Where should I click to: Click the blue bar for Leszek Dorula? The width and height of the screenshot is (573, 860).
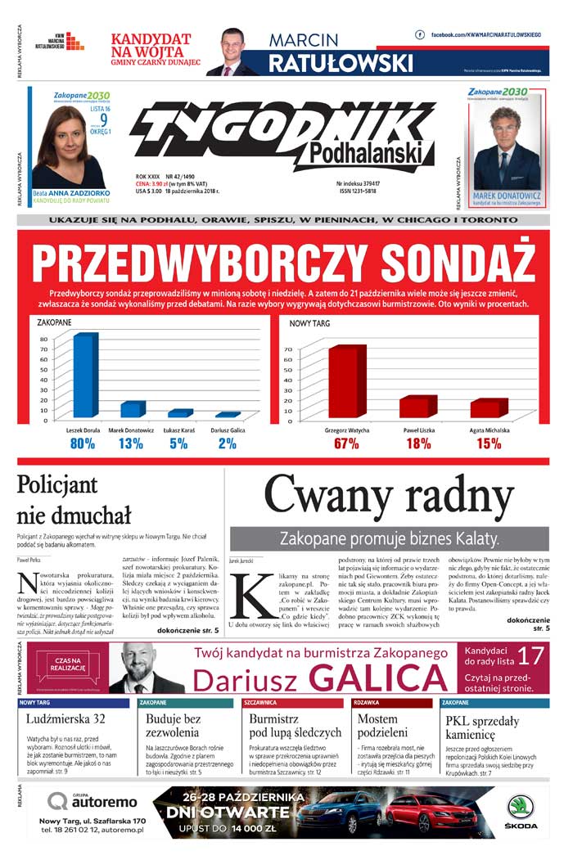(84, 376)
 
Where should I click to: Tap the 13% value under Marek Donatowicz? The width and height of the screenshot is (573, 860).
(130, 444)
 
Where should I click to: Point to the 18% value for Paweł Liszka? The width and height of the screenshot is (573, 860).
(417, 444)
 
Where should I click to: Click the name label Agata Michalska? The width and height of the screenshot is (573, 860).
(489, 430)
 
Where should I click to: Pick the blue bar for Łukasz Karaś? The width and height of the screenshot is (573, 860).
(178, 414)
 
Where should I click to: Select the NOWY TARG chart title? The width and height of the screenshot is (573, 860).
(310, 324)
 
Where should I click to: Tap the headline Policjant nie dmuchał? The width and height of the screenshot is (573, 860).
(74, 500)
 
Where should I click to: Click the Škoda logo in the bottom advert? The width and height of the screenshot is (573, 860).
(521, 811)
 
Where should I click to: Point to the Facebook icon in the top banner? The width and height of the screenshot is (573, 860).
(420, 35)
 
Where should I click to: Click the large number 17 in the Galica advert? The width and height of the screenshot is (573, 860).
(530, 655)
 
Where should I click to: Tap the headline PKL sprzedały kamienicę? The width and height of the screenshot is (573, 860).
(482, 728)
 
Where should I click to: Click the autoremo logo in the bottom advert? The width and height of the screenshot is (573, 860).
(92, 801)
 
